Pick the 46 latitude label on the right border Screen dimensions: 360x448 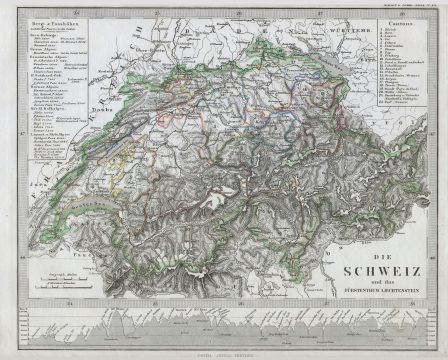439,223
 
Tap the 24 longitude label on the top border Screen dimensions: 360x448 95,10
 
